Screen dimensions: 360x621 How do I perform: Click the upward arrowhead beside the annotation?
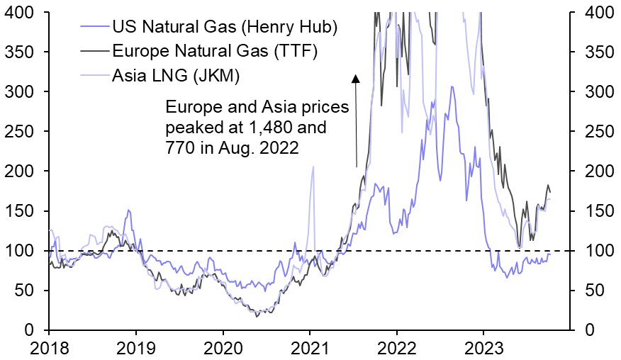click(356, 78)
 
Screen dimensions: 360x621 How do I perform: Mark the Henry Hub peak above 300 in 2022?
click(452, 86)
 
